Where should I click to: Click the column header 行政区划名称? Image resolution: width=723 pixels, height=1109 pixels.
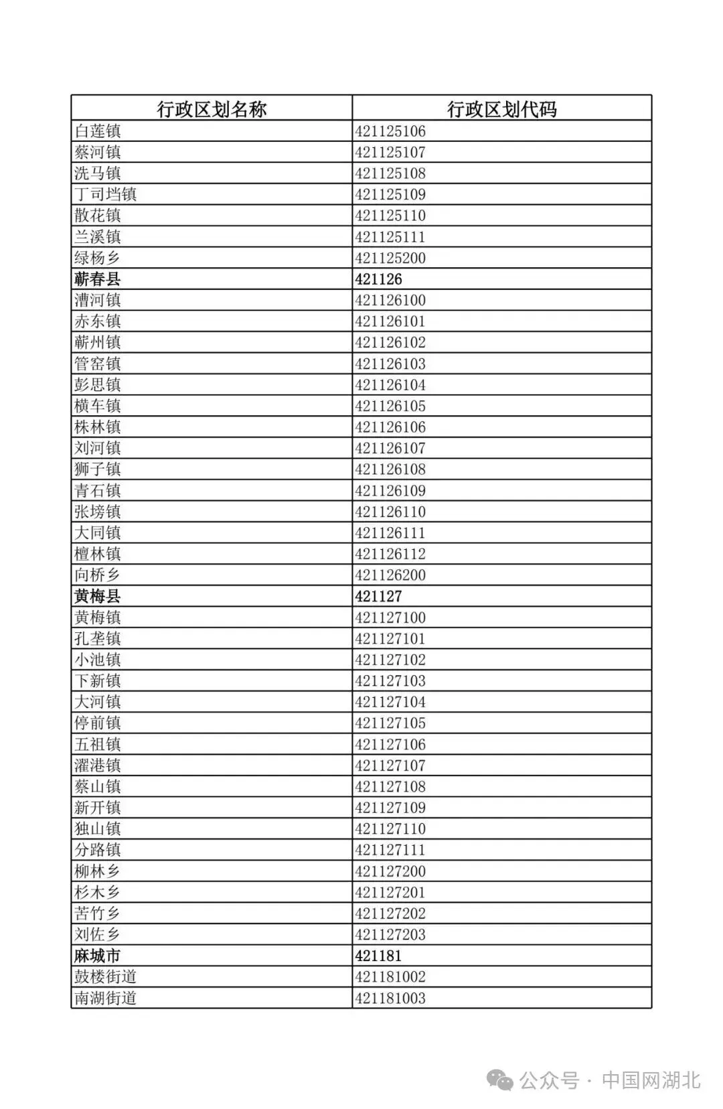click(212, 109)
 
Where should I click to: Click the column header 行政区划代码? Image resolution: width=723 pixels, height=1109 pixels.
click(501, 109)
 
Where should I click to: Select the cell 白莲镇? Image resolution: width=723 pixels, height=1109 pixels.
click(98, 131)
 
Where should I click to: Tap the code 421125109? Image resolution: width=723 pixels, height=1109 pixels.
click(390, 195)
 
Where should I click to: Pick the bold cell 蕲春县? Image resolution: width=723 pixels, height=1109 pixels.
click(98, 279)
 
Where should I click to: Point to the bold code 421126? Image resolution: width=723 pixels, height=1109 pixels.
click(379, 279)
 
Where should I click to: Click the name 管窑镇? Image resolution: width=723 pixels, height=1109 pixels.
click(98, 364)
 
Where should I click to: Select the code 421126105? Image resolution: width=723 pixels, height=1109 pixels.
click(390, 406)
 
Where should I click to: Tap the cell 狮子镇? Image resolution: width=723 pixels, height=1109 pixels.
click(98, 469)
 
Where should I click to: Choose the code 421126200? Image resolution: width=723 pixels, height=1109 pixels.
click(390, 575)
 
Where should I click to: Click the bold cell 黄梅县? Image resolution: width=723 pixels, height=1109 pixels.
click(98, 596)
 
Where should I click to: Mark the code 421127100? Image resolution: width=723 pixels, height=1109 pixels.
click(390, 617)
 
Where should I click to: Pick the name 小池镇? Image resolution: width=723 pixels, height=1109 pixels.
click(98, 660)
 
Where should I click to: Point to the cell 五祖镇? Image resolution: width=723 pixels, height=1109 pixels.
click(98, 744)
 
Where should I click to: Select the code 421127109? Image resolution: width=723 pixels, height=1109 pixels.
click(390, 808)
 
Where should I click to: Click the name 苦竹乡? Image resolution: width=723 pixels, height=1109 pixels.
click(98, 913)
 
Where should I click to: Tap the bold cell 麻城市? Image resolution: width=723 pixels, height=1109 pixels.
click(98, 956)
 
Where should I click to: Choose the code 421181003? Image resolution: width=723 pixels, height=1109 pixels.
click(390, 998)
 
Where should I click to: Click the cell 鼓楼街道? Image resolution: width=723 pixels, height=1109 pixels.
click(106, 977)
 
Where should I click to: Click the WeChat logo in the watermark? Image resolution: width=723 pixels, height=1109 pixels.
click(501, 1080)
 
